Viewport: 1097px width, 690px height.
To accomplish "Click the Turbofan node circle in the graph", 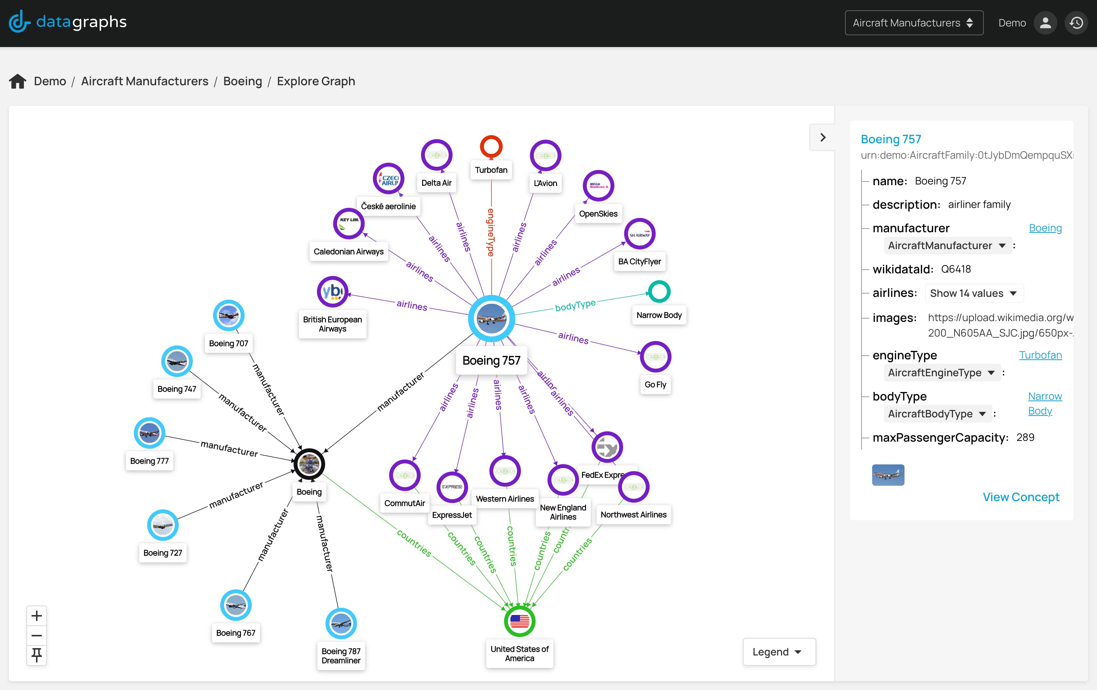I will click(x=491, y=147).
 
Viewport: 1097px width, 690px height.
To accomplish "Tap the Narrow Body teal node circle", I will click(x=659, y=292).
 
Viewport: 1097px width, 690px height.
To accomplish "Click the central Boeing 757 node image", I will click(x=491, y=318).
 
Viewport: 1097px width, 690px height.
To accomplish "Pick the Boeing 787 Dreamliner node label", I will click(x=341, y=655).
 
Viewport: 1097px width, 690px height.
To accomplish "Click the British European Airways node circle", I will click(x=332, y=292).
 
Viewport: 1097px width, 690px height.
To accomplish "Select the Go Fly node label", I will click(x=655, y=384).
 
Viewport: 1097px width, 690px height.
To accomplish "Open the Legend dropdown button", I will click(x=778, y=651).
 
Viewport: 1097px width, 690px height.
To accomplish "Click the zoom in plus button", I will click(x=36, y=616).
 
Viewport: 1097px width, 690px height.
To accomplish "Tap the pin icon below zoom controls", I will click(x=36, y=654).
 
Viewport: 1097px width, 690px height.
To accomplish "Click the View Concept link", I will click(x=1021, y=497).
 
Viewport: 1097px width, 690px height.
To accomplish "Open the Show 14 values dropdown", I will click(x=974, y=293).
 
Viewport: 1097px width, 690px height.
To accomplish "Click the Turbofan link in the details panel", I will click(x=1040, y=355).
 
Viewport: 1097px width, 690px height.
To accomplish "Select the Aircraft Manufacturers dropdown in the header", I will click(x=913, y=23).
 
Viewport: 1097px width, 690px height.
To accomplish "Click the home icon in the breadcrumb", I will click(x=18, y=81).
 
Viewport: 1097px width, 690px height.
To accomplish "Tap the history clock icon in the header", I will click(x=1076, y=23).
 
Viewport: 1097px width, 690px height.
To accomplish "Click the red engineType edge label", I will click(x=491, y=233).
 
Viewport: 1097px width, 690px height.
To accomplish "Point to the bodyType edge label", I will click(x=575, y=305).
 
